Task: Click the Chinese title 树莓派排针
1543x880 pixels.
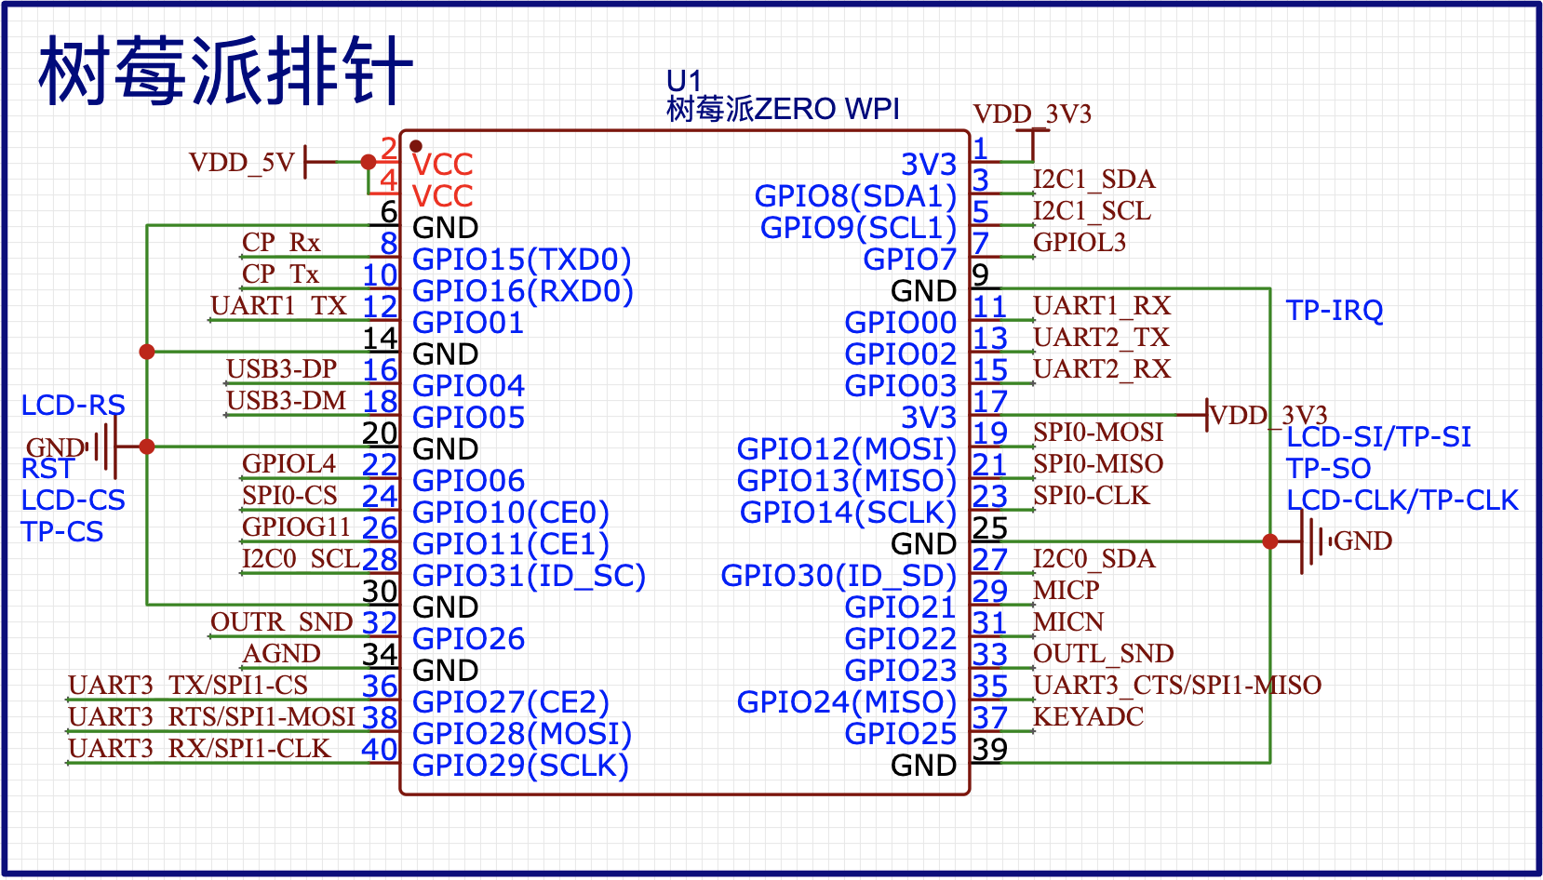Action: (224, 71)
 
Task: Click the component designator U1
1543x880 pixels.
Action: (683, 81)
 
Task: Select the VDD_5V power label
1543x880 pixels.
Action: (241, 163)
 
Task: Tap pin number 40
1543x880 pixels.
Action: (380, 749)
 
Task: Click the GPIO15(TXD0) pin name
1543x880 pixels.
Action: (521, 260)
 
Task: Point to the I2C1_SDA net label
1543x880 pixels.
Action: (1094, 179)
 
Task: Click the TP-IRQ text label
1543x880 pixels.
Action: (1334, 310)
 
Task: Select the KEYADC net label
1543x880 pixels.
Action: (1088, 716)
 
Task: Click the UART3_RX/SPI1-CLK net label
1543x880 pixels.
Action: (199, 748)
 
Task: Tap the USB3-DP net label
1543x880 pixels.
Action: (281, 368)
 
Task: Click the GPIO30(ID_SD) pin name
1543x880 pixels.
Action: (838, 576)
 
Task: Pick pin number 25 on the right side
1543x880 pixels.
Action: (990, 527)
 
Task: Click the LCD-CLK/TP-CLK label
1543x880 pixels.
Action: (1402, 500)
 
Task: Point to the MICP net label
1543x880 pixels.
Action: (1066, 590)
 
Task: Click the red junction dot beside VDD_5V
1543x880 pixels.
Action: (369, 162)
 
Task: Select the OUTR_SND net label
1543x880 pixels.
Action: (281, 621)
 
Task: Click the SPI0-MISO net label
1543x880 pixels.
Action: (1098, 463)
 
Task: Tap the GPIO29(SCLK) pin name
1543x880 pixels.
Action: (520, 766)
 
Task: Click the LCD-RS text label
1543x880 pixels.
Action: (73, 405)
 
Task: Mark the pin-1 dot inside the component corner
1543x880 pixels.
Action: (416, 146)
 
